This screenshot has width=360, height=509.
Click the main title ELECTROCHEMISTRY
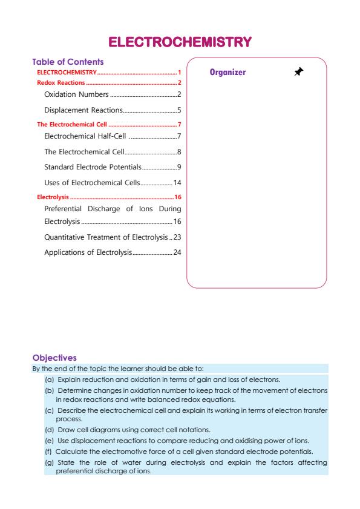coord(180,42)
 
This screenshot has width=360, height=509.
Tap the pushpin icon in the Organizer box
coord(298,72)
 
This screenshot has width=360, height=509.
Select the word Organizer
coord(227,73)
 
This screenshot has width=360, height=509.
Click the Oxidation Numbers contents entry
coord(76,94)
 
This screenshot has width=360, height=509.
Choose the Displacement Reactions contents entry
coord(83,110)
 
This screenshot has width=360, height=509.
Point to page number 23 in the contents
coord(177,237)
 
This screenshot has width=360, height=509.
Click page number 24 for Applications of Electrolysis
coord(177,252)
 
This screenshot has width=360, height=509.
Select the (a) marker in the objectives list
coord(49,379)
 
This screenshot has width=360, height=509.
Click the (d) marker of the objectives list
coord(49,429)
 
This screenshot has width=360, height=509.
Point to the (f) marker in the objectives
coord(48,451)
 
